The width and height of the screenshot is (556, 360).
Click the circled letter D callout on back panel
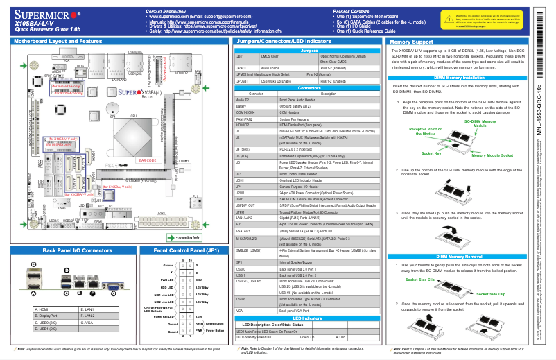(x=67, y=269)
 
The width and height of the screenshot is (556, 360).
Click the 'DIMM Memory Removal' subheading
(x=459, y=257)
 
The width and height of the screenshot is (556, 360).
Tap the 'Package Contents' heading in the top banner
(x=357, y=12)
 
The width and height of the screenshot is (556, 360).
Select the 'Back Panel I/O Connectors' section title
(x=68, y=249)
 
